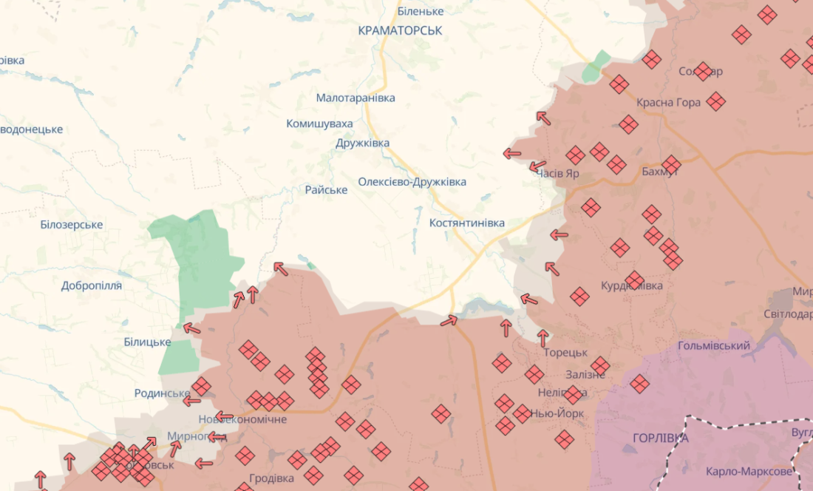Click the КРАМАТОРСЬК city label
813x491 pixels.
pos(400,30)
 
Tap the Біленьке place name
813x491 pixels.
pos(421,11)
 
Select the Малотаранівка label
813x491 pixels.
pos(356,98)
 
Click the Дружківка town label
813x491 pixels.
pos(362,143)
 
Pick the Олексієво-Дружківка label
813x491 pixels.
pos(412,182)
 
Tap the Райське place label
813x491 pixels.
pos(326,190)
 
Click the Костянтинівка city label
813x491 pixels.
pos(467,223)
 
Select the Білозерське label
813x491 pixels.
pos(72,225)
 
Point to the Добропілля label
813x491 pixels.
pos(92,285)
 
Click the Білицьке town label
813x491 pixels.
pos(148,342)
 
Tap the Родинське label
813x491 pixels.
pos(162,393)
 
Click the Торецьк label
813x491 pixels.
pos(565,353)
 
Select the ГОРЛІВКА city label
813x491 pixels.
pos(661,438)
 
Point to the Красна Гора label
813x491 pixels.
pos(668,103)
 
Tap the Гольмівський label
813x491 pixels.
pos(714,346)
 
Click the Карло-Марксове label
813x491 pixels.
pos(749,471)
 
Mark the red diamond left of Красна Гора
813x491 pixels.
pos(619,84)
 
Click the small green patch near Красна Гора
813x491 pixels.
pos(596,67)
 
